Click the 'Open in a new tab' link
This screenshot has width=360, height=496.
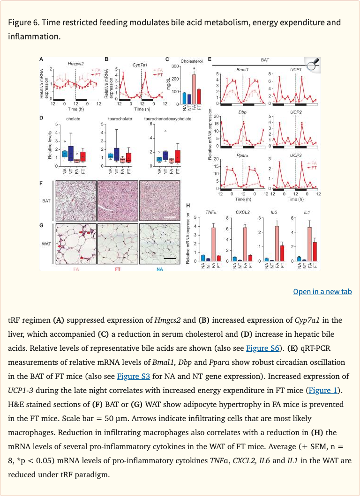(322, 291)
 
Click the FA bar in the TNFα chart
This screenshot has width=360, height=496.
(213, 244)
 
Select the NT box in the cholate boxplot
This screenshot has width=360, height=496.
(71, 153)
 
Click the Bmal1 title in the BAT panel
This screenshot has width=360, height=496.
(242, 69)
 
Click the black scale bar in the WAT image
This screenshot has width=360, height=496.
(170, 258)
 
